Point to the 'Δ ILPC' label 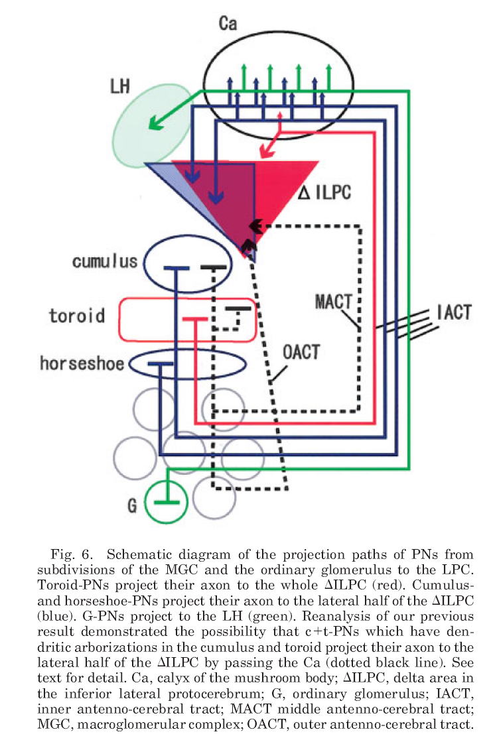point(325,193)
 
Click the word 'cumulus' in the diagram point(106,261)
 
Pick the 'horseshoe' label point(81,363)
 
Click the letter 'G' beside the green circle point(131,507)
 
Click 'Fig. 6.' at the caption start point(72,553)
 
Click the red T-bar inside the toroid point(194,320)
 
